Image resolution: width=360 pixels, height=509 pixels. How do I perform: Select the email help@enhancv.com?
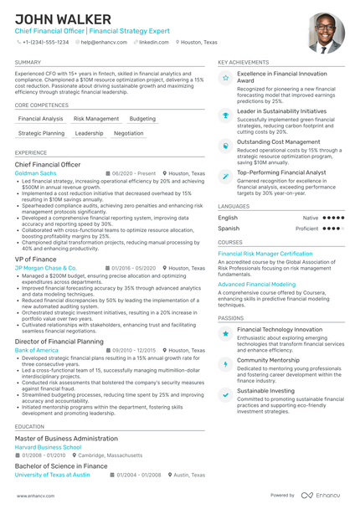[x=99, y=42]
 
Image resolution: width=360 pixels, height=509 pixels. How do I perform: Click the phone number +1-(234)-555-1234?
[x=45, y=42]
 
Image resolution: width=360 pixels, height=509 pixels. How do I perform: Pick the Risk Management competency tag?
[x=96, y=119]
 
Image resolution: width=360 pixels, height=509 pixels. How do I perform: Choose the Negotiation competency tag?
[x=128, y=133]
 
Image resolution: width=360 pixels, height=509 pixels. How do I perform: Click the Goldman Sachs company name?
[x=36, y=173]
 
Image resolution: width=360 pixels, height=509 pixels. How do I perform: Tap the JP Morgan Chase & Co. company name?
[x=46, y=268]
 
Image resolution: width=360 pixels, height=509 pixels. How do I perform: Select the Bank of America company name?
[x=37, y=350]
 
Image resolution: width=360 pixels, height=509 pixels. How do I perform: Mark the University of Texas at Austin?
[x=53, y=474]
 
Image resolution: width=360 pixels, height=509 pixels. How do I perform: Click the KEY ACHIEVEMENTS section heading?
[x=244, y=62]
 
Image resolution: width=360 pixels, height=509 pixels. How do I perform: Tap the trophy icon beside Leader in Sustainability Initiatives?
[x=226, y=115]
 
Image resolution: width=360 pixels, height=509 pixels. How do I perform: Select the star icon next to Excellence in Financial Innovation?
[x=226, y=78]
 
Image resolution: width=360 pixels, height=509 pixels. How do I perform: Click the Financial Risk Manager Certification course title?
[x=265, y=254]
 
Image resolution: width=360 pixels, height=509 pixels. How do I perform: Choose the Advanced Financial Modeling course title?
[x=256, y=285]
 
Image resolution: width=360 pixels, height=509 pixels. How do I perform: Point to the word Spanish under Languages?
[x=229, y=228]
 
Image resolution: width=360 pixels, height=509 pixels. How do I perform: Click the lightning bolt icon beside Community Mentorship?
[x=226, y=364]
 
